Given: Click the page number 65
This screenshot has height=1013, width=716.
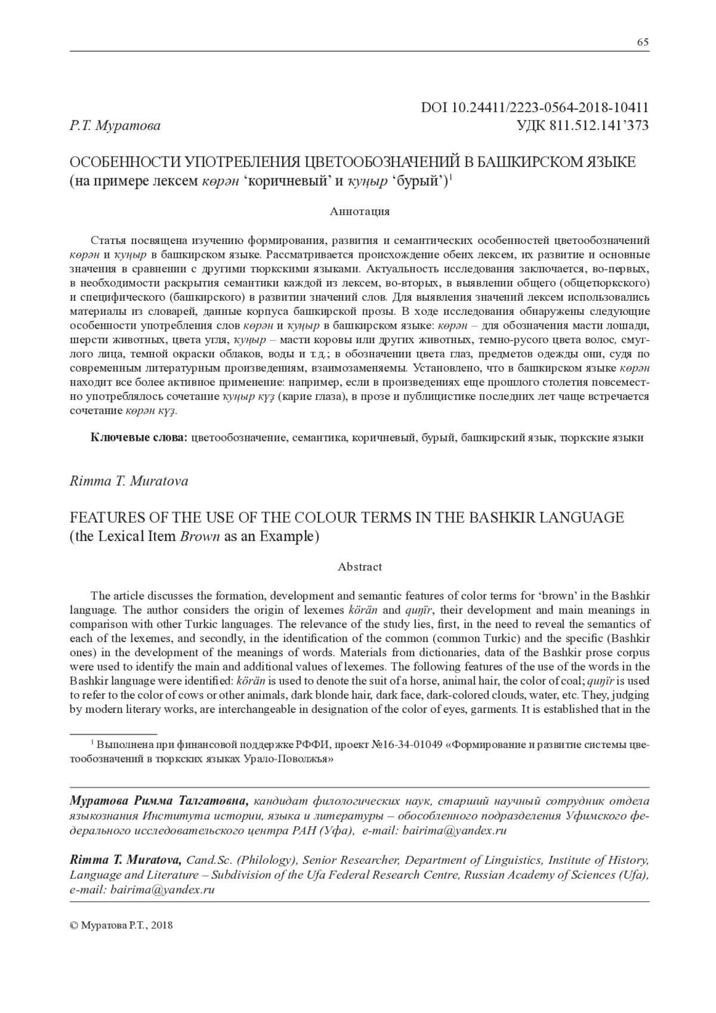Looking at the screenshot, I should point(643,42).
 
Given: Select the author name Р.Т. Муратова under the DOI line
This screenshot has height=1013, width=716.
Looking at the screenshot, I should point(115,126).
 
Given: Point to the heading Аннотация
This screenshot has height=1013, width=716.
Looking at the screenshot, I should point(360,211).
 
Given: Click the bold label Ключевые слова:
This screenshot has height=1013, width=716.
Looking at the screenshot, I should point(139,438).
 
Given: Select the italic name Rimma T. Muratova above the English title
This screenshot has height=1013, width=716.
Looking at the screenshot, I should point(129,481).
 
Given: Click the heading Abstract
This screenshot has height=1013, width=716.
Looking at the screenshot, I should point(360,567).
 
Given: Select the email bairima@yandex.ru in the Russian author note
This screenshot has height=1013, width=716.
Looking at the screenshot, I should point(455,830).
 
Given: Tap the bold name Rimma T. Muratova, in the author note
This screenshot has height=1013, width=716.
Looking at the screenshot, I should point(126,860).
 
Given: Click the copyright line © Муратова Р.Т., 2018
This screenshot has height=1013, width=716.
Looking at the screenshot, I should point(121,925).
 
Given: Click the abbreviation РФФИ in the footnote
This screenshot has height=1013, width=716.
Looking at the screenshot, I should point(314,745).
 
